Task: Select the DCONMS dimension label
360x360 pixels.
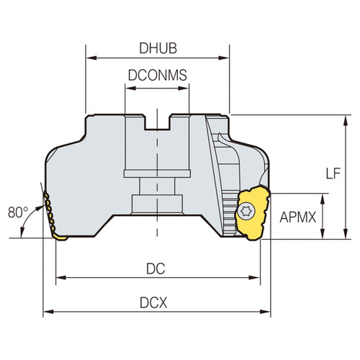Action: click(157, 74)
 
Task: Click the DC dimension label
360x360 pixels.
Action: click(156, 268)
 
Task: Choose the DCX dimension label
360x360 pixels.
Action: click(157, 303)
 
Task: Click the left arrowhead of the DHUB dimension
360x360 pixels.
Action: click(90, 56)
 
